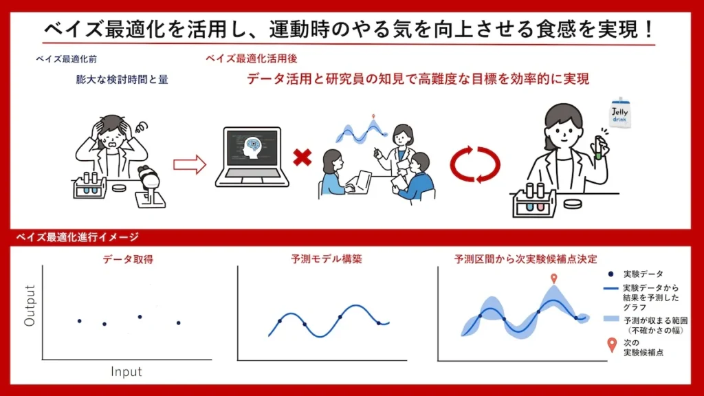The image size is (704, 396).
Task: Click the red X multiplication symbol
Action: (x=302, y=158)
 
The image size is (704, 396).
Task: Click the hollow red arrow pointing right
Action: (x=190, y=165)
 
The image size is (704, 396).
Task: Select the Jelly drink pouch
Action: (x=620, y=112)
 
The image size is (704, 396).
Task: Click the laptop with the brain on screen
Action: (x=252, y=156)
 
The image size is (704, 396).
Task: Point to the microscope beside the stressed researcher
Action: (x=150, y=187)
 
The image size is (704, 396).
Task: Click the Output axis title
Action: (x=30, y=305)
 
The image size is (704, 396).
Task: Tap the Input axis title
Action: (x=126, y=372)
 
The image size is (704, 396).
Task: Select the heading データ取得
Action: (x=128, y=259)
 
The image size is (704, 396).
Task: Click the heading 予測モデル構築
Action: (x=327, y=259)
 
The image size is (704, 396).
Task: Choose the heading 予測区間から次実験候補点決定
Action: (x=526, y=259)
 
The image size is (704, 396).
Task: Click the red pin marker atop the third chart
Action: (x=554, y=279)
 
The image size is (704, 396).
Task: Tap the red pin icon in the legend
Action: (x=611, y=345)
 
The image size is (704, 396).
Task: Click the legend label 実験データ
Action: (x=643, y=274)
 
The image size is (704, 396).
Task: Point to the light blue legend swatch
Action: (x=611, y=319)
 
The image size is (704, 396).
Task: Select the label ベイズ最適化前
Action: (x=67, y=59)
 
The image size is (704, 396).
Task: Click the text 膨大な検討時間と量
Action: (x=122, y=80)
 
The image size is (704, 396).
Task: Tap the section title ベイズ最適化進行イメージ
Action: (x=77, y=237)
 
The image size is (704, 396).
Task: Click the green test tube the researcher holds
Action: (x=598, y=148)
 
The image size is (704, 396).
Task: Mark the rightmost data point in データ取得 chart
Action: (x=179, y=323)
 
